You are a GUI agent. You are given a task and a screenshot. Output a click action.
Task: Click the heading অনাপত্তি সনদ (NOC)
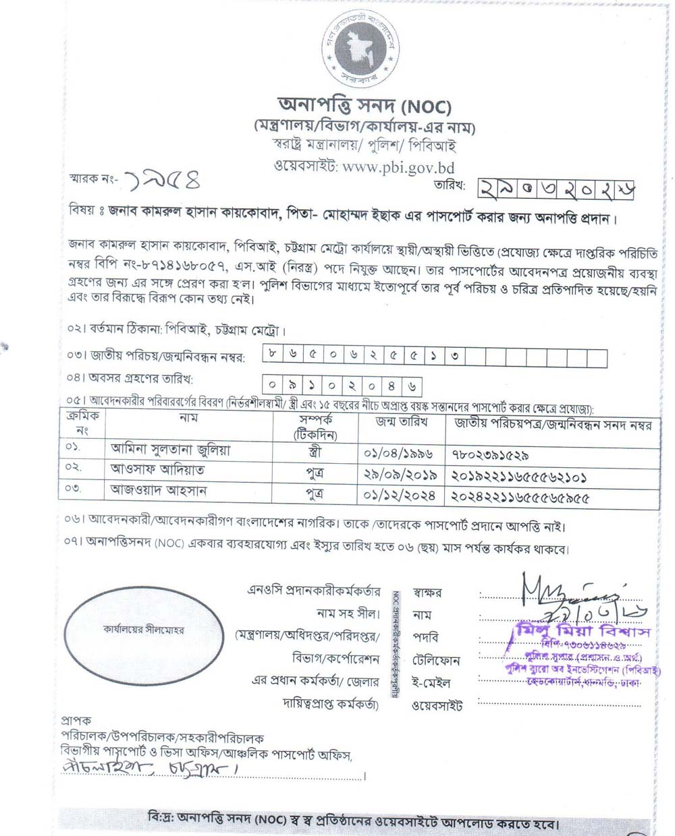pos(364,106)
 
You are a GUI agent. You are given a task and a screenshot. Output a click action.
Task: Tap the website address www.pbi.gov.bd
pos(398,167)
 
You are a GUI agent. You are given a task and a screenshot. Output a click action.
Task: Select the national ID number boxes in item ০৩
pos(435,357)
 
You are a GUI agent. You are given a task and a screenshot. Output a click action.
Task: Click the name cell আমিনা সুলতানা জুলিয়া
pos(170,450)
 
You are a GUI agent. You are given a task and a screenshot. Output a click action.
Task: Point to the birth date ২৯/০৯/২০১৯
pos(399,475)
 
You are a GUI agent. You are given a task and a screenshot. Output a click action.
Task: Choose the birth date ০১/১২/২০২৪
pos(399,497)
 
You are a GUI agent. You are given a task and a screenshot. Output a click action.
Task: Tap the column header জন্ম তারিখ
pos(401,422)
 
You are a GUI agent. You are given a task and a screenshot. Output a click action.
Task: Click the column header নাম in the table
pos(188,419)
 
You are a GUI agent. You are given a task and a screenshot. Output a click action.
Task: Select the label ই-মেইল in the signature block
pos(427,683)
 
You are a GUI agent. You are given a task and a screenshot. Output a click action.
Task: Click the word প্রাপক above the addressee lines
pos(76,720)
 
